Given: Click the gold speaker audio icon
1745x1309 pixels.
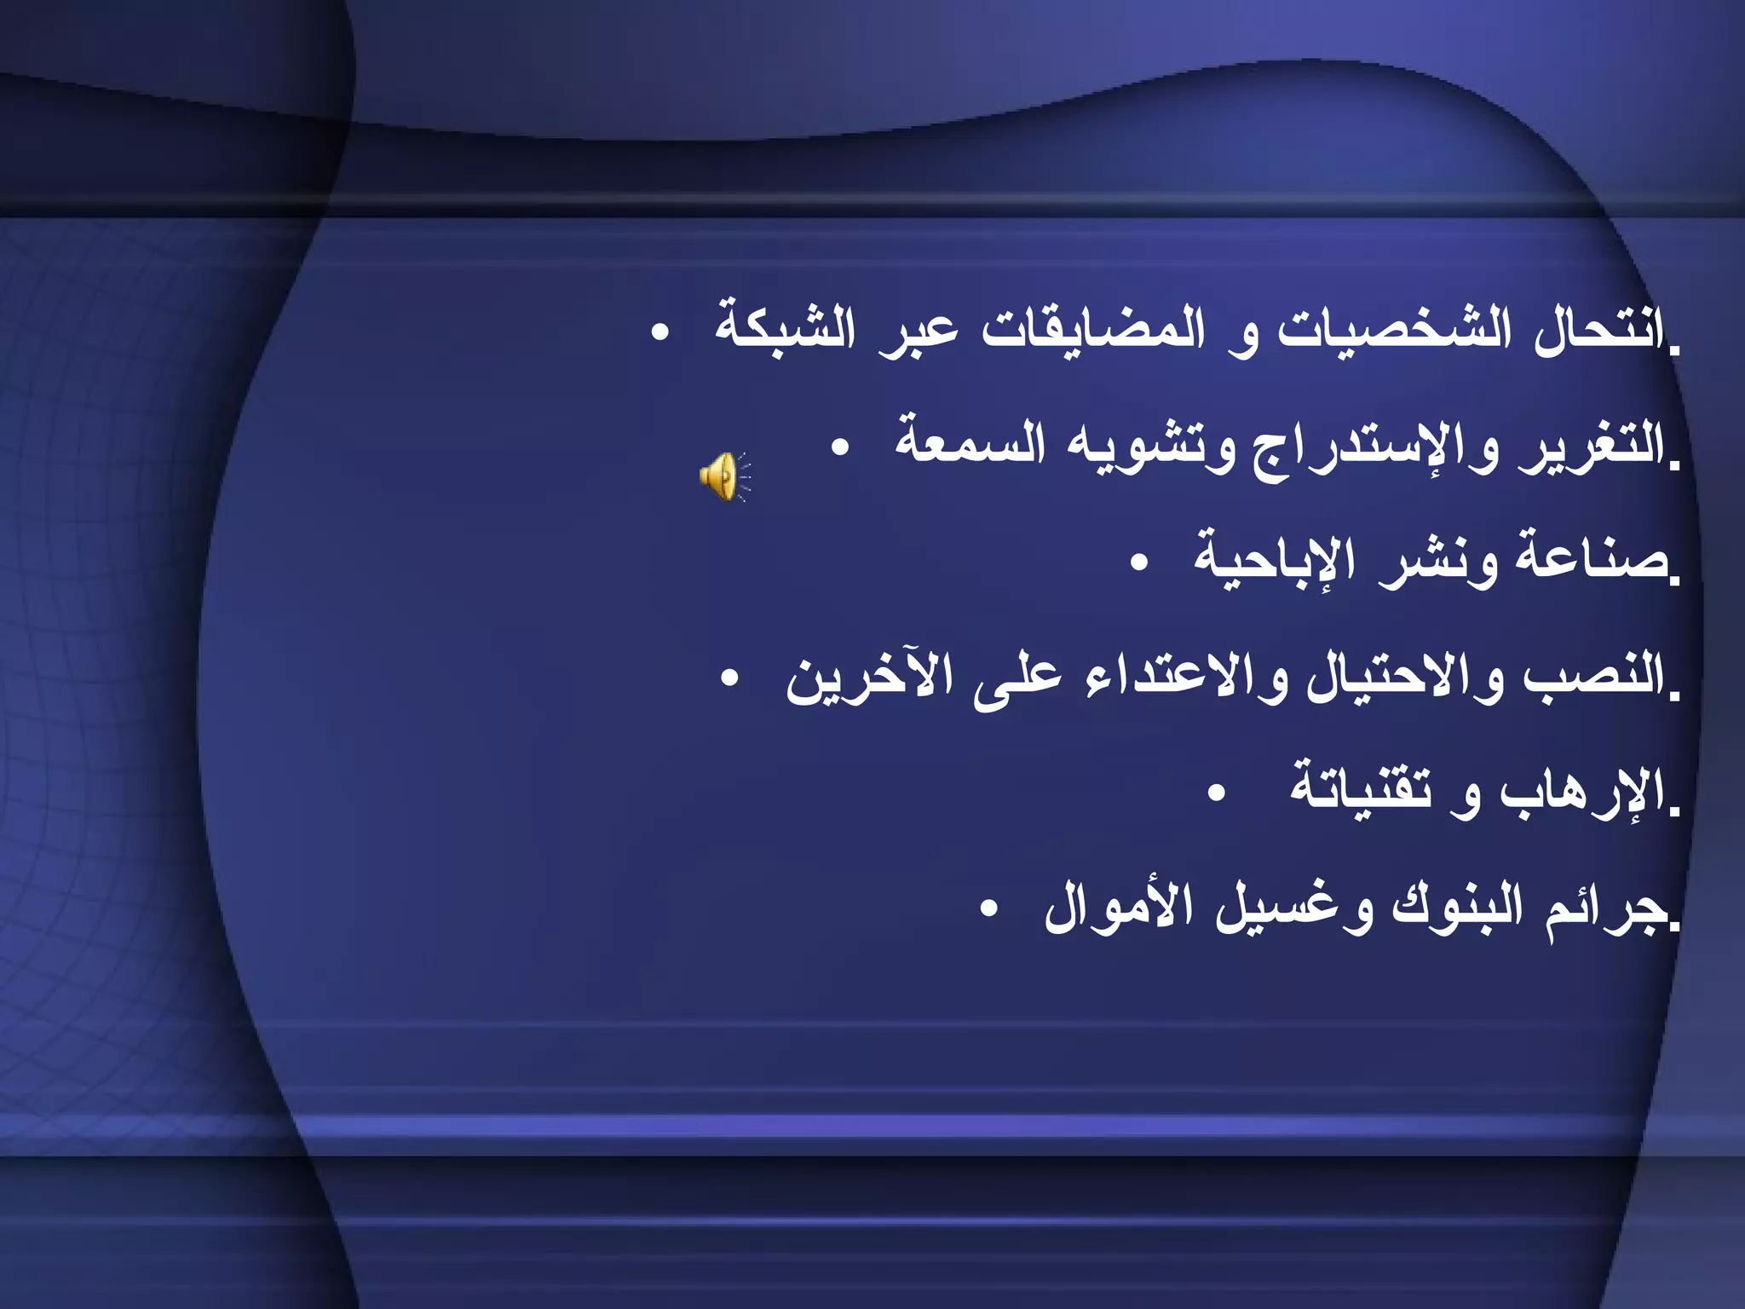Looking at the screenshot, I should click(723, 476).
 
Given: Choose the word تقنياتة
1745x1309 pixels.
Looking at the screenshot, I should click(1361, 788).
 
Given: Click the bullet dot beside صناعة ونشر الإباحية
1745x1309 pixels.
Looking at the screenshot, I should click(1139, 562).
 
